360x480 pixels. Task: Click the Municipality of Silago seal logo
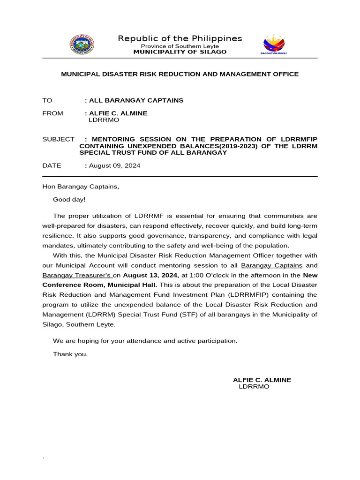click(x=82, y=45)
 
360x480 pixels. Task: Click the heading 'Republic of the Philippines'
click(x=180, y=38)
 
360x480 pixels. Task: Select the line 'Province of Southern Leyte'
click(x=180, y=46)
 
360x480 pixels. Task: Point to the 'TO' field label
click(x=47, y=100)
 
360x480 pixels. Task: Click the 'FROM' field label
click(x=52, y=113)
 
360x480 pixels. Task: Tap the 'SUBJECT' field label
click(x=58, y=139)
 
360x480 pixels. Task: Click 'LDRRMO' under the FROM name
click(x=104, y=120)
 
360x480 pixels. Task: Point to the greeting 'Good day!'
click(x=69, y=199)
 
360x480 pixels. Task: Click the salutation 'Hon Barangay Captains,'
click(x=81, y=187)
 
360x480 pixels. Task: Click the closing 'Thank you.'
click(x=70, y=354)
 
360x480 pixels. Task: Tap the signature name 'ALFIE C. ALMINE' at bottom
click(x=262, y=380)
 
